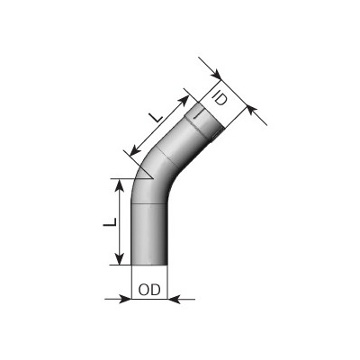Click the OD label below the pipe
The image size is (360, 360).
point(149,290)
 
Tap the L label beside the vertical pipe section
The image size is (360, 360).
point(110,222)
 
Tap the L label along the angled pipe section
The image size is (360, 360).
point(157,118)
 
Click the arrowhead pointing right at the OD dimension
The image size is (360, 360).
point(125,299)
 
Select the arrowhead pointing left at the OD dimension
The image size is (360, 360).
point(174,299)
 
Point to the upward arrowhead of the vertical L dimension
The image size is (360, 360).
point(120,185)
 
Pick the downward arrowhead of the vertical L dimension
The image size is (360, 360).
point(120,258)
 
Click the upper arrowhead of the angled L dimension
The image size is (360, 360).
point(184,101)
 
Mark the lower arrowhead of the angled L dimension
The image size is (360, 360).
point(136,150)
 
